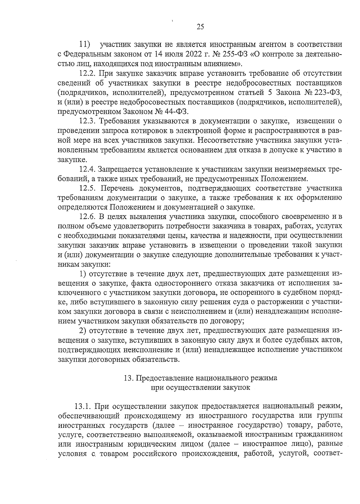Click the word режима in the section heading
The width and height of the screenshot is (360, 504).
(x=265, y=378)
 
